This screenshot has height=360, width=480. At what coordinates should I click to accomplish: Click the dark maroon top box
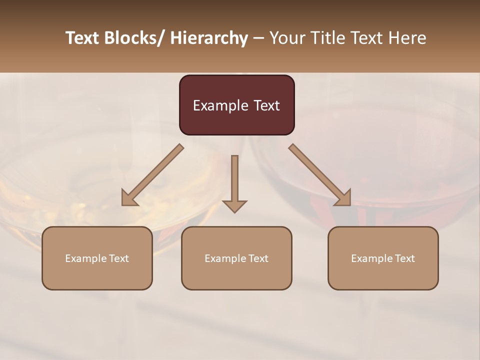click(x=236, y=105)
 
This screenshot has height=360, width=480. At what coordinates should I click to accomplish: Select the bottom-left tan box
click(x=97, y=258)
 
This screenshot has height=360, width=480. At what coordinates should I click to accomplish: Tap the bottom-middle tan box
click(x=236, y=258)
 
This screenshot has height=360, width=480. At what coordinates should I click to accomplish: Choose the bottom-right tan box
click(x=383, y=258)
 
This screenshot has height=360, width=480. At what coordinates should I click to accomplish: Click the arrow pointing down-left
click(x=152, y=175)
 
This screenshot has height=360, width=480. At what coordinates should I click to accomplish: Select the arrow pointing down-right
click(x=320, y=175)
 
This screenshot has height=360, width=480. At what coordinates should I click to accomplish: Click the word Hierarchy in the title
click(x=209, y=38)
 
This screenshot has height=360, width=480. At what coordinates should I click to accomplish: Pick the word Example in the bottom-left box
click(x=86, y=258)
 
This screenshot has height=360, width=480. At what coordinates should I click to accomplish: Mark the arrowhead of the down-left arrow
click(x=129, y=198)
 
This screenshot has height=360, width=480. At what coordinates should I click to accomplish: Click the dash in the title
click(x=258, y=38)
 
